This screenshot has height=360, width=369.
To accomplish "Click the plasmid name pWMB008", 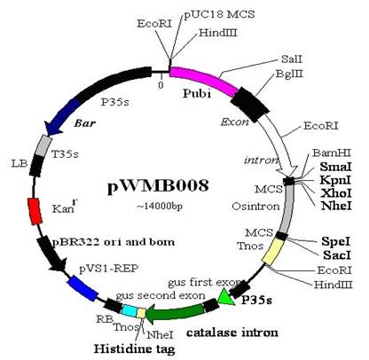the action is (x=158, y=187).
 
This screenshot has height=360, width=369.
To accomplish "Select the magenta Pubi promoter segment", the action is (x=204, y=78).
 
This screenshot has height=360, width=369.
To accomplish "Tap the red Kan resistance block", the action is (x=35, y=211).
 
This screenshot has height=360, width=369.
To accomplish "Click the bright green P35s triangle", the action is (x=227, y=297).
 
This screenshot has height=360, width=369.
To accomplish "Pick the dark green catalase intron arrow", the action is (x=176, y=314).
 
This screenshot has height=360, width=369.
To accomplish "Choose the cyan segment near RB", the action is (x=130, y=311).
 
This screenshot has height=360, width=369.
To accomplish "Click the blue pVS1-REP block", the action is (x=82, y=288).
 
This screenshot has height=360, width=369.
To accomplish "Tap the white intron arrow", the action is (x=281, y=145).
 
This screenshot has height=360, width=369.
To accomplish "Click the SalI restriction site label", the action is (x=292, y=59).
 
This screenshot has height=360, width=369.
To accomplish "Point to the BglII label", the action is (x=289, y=74).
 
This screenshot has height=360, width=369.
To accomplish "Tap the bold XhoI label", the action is (x=336, y=193).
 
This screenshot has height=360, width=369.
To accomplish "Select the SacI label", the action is (x=337, y=254).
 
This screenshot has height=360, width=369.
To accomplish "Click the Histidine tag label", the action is (x=135, y=349).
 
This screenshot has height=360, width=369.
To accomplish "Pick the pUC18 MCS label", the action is (x=219, y=14).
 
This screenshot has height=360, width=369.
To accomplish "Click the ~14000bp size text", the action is (x=160, y=207).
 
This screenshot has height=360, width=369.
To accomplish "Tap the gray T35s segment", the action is (x=43, y=145).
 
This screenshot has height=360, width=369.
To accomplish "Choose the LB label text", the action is (x=20, y=163).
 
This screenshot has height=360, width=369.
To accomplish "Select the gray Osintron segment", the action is (x=287, y=209).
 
